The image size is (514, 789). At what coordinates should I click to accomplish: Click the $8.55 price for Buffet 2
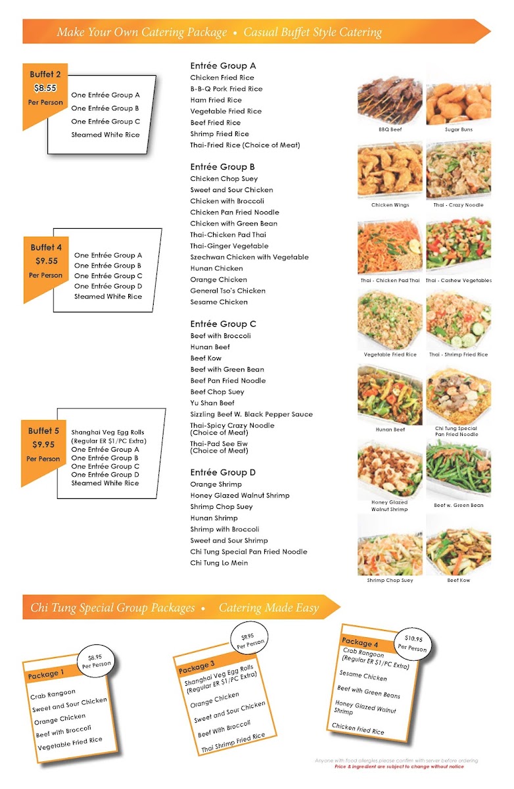point(45,88)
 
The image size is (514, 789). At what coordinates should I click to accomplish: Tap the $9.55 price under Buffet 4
point(47,261)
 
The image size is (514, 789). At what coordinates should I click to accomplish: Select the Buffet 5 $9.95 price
point(43,444)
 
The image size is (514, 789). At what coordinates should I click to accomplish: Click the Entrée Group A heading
point(223,66)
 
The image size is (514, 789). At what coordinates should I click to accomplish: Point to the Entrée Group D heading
point(223,472)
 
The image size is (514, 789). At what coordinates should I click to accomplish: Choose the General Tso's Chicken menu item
point(228,291)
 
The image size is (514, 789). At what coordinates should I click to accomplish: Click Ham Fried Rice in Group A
point(216,100)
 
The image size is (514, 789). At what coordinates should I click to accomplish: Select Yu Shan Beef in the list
point(212,403)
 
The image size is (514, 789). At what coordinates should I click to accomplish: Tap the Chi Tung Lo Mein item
point(219,563)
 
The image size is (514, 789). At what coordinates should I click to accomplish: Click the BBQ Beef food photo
point(390,100)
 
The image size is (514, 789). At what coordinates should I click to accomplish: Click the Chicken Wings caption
point(390,205)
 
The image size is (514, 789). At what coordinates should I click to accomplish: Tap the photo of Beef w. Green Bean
point(458,467)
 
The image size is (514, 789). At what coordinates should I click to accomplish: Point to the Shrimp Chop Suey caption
point(390,580)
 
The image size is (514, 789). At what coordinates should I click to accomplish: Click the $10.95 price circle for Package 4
point(413,643)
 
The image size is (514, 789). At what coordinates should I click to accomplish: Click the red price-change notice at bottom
point(399,767)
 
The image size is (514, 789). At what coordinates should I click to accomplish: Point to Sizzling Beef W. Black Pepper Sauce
point(251,414)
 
